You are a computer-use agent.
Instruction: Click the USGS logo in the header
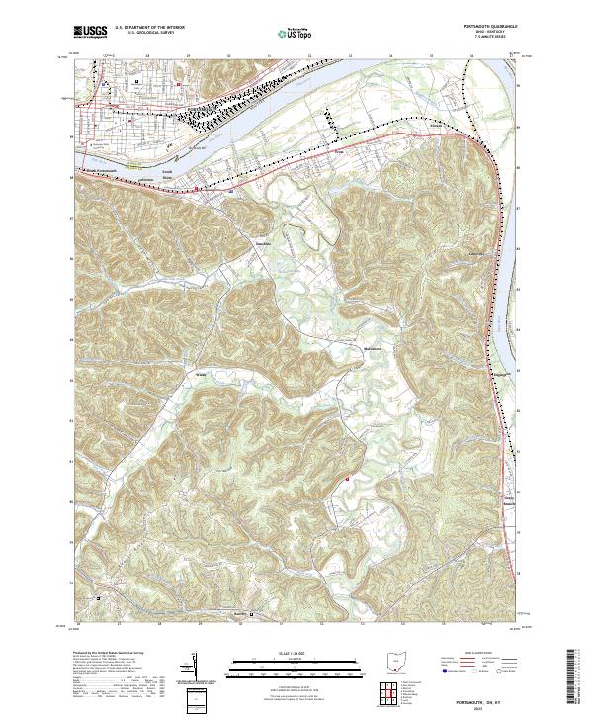[91, 32]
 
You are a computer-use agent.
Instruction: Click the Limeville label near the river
[474, 253]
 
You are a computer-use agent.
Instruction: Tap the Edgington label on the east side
[477, 375]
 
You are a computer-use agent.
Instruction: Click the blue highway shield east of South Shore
[231, 182]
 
